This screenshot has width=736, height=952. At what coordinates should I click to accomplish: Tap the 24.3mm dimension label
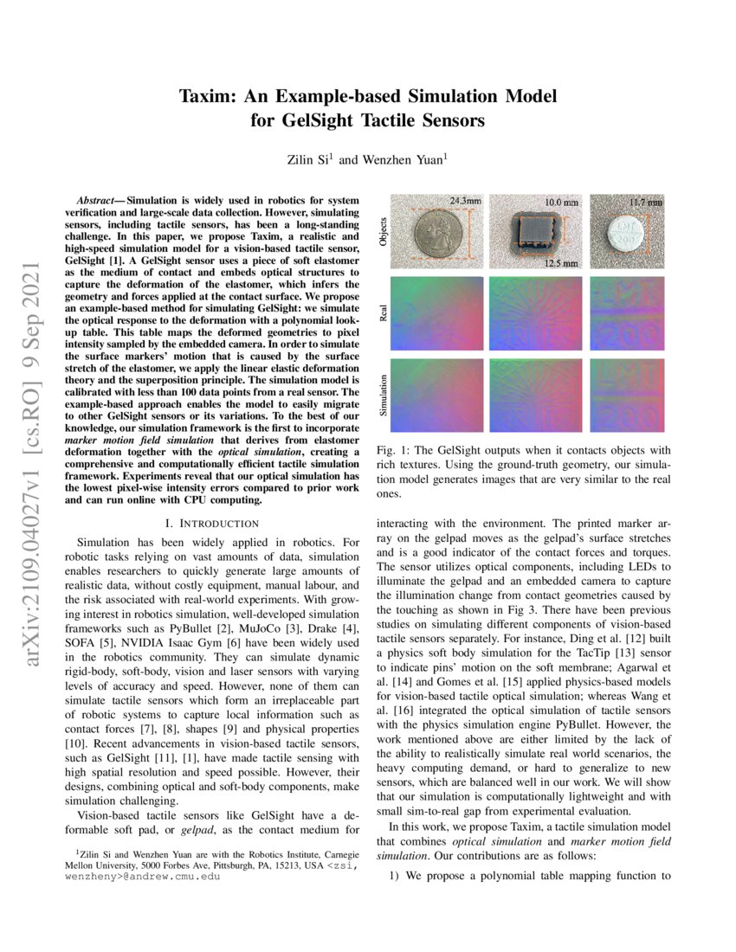coord(466,202)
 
